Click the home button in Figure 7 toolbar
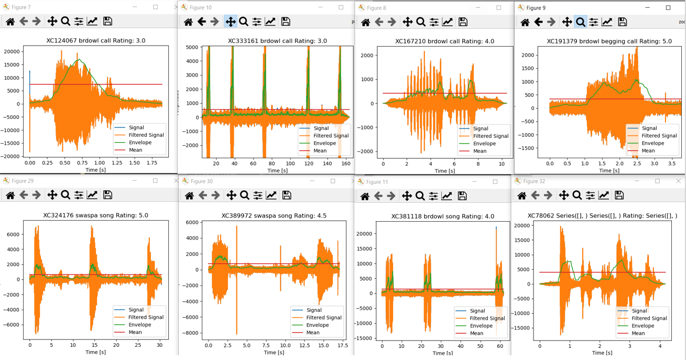(10, 21)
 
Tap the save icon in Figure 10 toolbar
(286, 21)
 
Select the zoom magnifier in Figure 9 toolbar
(580, 22)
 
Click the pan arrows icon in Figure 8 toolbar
(407, 22)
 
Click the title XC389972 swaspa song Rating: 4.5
(274, 215)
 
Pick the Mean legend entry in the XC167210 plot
(480, 151)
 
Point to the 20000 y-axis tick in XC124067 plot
(12, 51)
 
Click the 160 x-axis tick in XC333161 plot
(346, 163)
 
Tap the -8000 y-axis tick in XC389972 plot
(190, 333)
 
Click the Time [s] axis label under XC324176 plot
(95, 352)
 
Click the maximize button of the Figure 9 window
(668, 8)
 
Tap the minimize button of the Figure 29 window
(135, 181)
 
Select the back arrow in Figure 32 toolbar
(535, 195)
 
